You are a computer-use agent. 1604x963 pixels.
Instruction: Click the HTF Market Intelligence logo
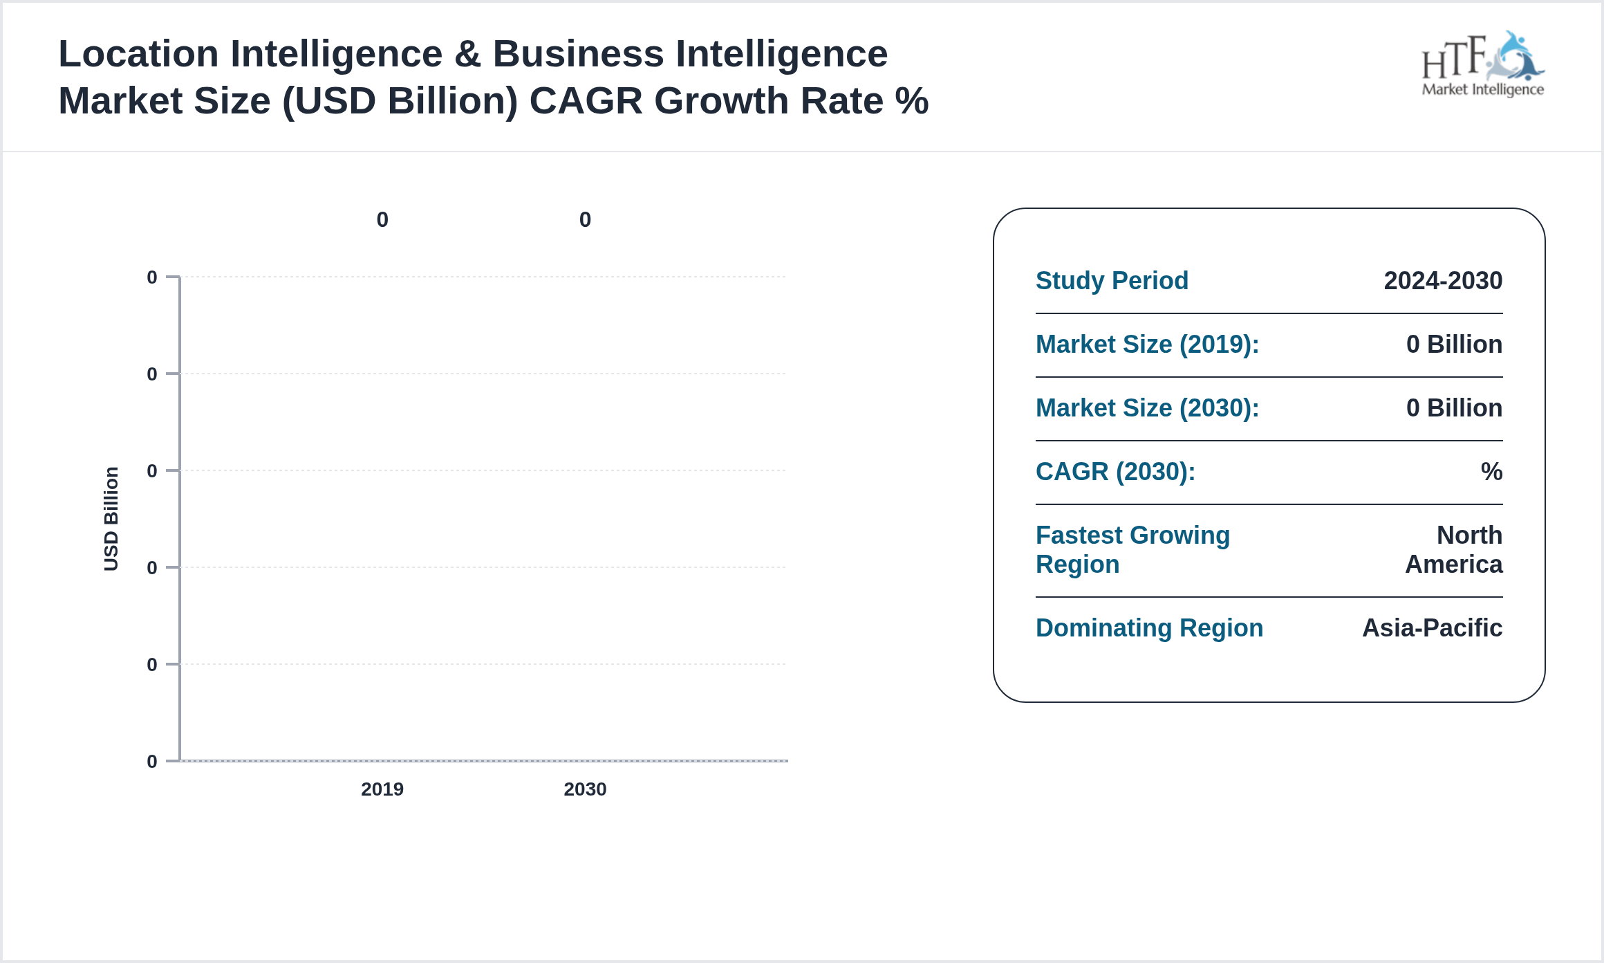[x=1482, y=65]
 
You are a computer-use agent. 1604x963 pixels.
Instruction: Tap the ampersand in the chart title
[x=467, y=54]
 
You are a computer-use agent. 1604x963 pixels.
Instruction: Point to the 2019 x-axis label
[x=382, y=789]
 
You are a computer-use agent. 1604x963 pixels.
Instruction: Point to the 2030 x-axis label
[x=585, y=789]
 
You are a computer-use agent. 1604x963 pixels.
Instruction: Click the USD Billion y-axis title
[x=111, y=519]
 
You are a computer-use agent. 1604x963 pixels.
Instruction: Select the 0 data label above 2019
[x=382, y=220]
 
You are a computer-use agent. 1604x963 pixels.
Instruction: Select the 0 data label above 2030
[x=585, y=220]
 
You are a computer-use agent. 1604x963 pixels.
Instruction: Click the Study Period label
[x=1112, y=281]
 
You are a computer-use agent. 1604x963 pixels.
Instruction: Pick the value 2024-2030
[x=1443, y=281]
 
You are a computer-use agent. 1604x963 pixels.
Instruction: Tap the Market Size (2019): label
[x=1147, y=345]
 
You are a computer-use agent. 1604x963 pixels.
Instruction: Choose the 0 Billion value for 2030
[x=1454, y=408]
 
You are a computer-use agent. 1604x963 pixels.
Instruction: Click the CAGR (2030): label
[x=1115, y=472]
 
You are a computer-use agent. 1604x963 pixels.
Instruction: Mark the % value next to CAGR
[x=1491, y=472]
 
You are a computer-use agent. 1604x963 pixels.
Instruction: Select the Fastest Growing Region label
[x=1132, y=550]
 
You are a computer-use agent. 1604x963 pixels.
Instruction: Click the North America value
[x=1454, y=550]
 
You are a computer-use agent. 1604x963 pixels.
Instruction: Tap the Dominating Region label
[x=1149, y=628]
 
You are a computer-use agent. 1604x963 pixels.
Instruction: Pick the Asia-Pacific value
[x=1432, y=628]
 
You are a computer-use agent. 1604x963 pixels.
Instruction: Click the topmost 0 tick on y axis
[x=152, y=277]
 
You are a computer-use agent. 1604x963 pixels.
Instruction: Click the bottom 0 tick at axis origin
[x=152, y=762]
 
